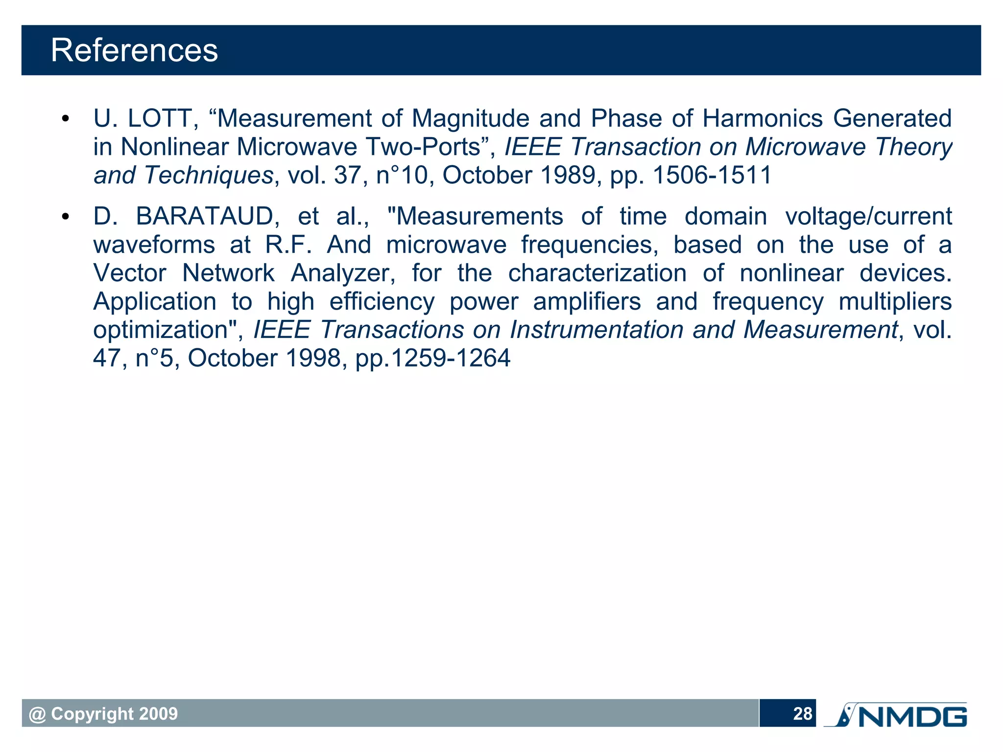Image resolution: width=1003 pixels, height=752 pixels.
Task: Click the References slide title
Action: [x=134, y=50]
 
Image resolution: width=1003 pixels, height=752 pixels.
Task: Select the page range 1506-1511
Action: [x=713, y=175]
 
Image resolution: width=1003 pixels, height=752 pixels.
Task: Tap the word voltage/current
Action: [x=868, y=217]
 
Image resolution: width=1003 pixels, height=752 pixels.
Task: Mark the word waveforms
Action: [x=154, y=245]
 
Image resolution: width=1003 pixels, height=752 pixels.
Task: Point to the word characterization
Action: [x=597, y=273]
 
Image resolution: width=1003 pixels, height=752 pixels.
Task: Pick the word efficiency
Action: [x=382, y=302]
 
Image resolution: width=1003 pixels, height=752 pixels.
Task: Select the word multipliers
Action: [x=895, y=302]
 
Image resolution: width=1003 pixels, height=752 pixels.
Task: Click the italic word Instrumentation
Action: [x=596, y=330]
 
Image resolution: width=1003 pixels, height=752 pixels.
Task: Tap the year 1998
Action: [x=313, y=358]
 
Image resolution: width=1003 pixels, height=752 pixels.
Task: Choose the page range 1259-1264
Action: [x=451, y=358]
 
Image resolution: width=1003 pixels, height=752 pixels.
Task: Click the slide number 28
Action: [x=802, y=714]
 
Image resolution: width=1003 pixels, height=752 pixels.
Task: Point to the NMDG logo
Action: [x=896, y=715]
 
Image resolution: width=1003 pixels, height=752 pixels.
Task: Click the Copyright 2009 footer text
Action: [x=103, y=714]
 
